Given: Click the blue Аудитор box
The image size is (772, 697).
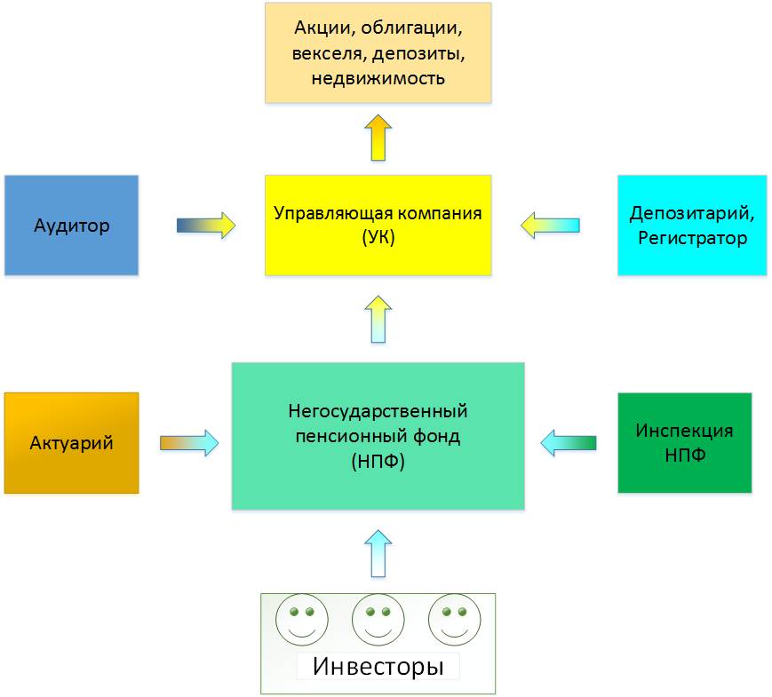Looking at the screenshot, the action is (x=71, y=225).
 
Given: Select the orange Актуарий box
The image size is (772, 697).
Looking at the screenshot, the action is (x=71, y=442).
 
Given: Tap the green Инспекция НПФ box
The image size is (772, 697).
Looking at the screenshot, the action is (x=685, y=442).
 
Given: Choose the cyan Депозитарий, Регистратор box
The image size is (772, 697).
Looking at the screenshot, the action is (x=692, y=225).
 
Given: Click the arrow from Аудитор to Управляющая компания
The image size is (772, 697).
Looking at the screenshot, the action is (x=206, y=226).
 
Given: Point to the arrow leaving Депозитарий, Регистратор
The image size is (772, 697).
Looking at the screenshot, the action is (x=550, y=226).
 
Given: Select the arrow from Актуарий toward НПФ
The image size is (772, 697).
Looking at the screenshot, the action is (x=189, y=443).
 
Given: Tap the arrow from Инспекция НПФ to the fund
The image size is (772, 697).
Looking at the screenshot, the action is (x=569, y=443).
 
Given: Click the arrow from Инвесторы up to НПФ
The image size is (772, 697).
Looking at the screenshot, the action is (x=378, y=553).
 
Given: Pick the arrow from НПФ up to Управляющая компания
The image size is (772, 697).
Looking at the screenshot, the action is (x=378, y=319).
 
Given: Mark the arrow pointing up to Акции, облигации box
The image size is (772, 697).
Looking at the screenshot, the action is (x=378, y=138).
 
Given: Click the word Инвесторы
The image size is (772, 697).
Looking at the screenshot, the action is (x=378, y=667).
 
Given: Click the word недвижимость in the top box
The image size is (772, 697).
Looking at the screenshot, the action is (x=378, y=78).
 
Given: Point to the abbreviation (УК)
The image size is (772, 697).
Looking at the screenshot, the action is (x=378, y=238).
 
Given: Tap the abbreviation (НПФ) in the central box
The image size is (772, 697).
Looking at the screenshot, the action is (x=378, y=461).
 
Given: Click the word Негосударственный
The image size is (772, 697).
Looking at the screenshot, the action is (x=378, y=411).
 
